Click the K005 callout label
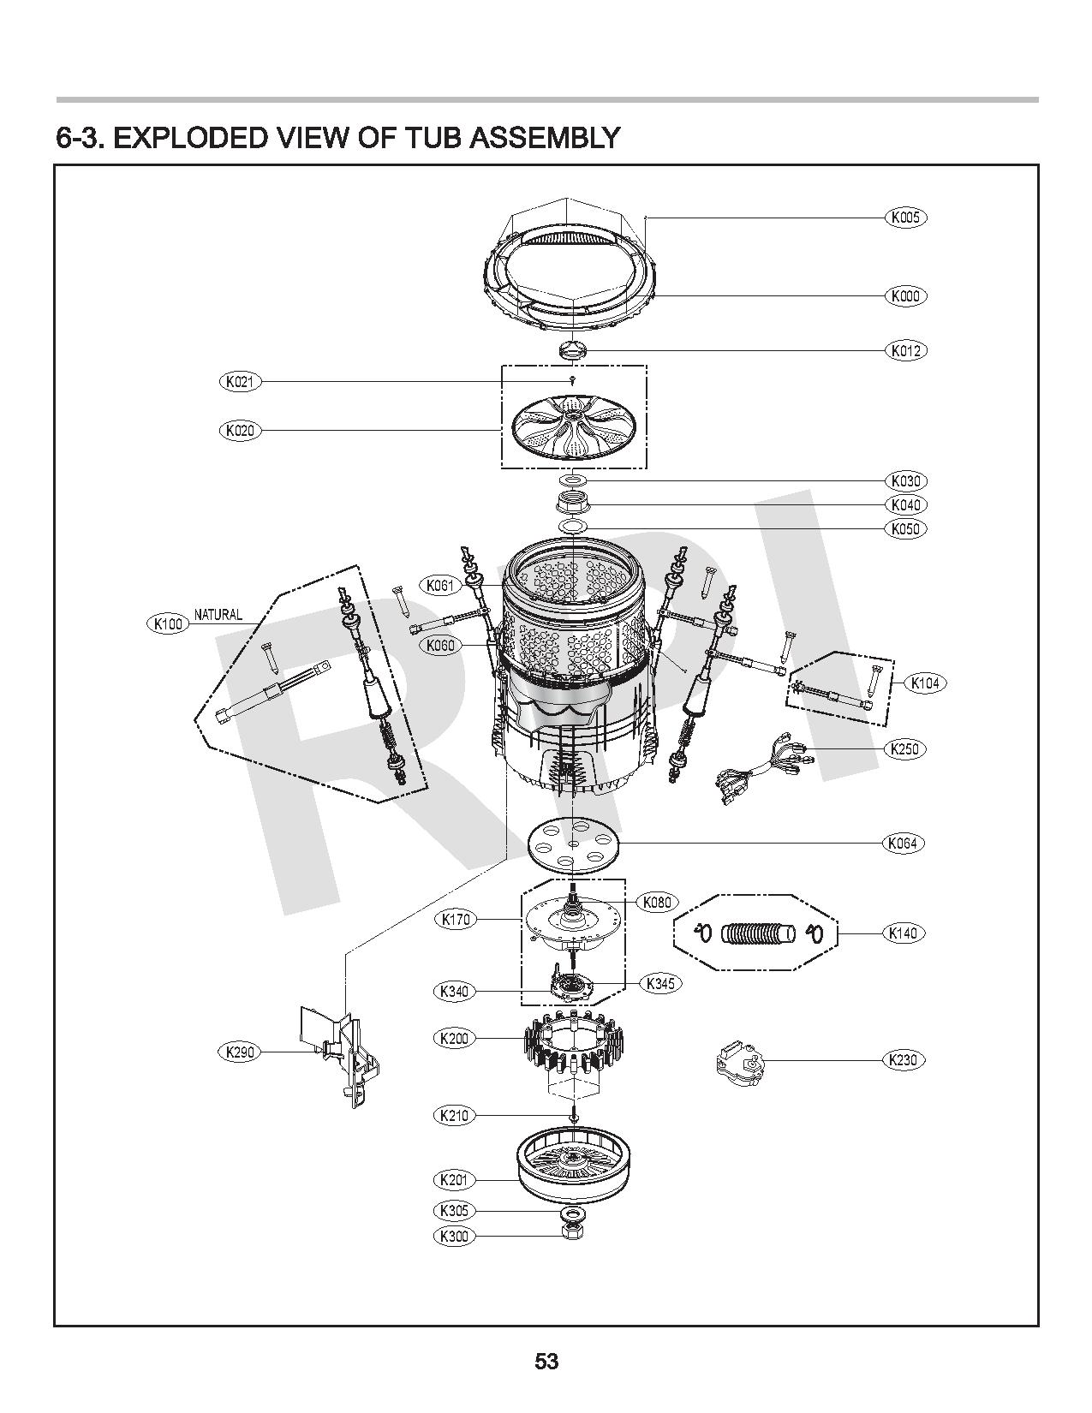click(x=904, y=218)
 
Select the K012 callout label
click(x=904, y=350)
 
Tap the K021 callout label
click(x=239, y=382)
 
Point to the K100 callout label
click(x=167, y=623)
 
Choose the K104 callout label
click(x=926, y=683)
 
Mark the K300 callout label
click(x=454, y=1236)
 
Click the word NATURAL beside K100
click(x=218, y=615)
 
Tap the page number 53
click(x=546, y=1361)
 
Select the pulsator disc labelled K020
click(x=572, y=428)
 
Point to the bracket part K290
click(x=343, y=1053)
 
